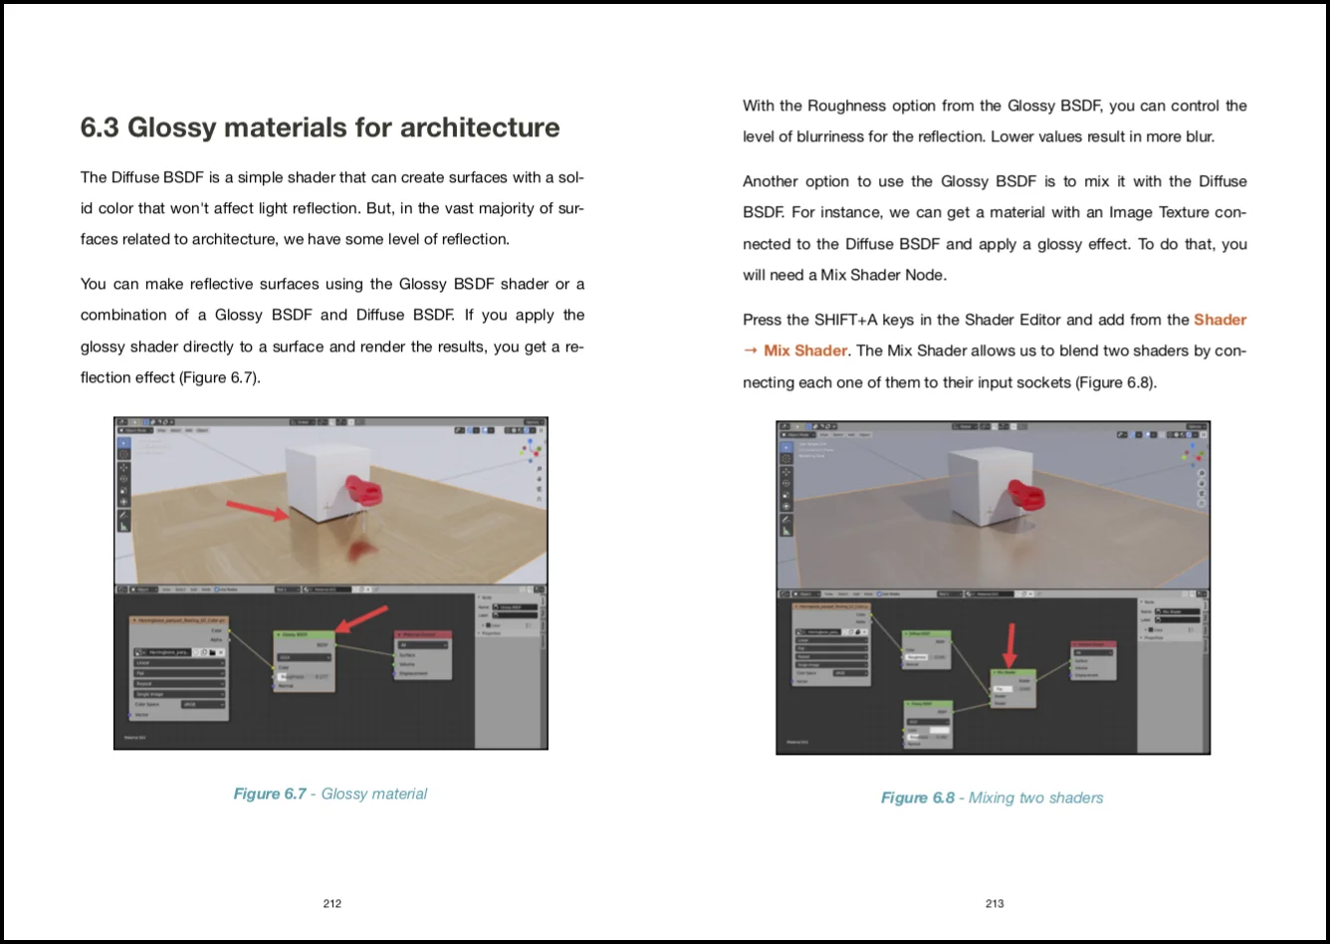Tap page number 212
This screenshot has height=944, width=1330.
332,903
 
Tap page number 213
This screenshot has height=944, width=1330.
995,903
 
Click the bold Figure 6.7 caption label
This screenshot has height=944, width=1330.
269,794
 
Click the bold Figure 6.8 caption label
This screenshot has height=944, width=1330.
917,798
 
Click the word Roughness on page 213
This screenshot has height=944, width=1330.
845,106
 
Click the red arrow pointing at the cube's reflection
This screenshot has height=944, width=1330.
258,511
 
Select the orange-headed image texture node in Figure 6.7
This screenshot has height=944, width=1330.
179,667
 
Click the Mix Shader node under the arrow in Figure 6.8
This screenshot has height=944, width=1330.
1012,688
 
